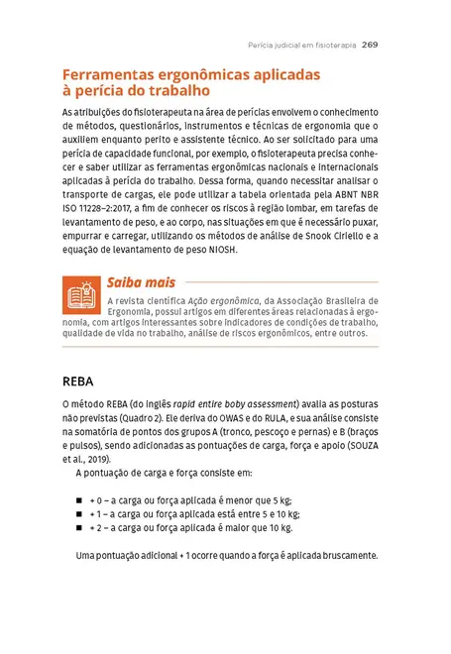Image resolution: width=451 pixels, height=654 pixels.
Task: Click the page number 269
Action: click(370, 45)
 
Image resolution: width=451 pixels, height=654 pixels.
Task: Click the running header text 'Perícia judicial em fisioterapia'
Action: click(301, 45)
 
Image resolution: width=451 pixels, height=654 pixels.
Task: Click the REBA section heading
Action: click(80, 381)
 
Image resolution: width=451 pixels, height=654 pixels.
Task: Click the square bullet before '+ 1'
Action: click(80, 514)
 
